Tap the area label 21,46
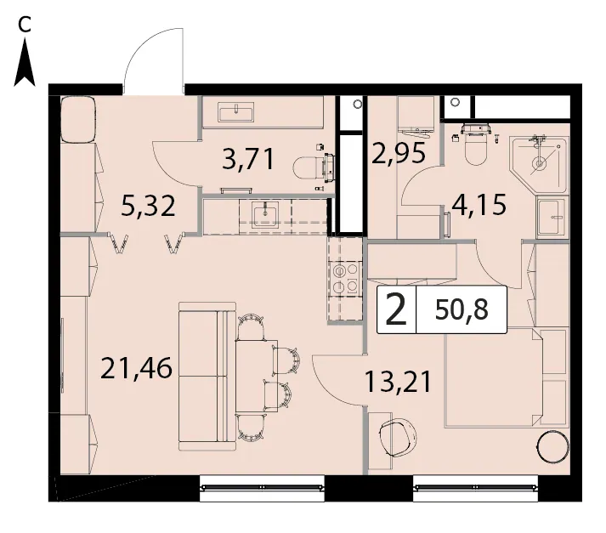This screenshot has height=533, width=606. [x=136, y=368]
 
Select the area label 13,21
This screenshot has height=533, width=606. [x=398, y=382]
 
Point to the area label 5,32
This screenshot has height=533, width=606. [x=148, y=206]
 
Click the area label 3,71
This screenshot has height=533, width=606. [x=248, y=159]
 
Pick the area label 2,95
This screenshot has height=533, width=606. [x=399, y=153]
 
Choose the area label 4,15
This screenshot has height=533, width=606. [x=479, y=205]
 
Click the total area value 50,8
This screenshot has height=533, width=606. [x=462, y=309]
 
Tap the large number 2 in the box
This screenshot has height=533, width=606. [x=396, y=309]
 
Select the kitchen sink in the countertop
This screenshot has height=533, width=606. [x=265, y=214]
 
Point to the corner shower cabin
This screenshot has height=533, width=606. [x=540, y=163]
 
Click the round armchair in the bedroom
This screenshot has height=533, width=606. [x=397, y=438]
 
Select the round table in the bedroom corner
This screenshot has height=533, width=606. [x=553, y=446]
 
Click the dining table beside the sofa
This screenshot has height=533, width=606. [x=257, y=376]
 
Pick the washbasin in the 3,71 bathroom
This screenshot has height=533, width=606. [x=235, y=112]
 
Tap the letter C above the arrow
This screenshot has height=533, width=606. [x=25, y=26]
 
